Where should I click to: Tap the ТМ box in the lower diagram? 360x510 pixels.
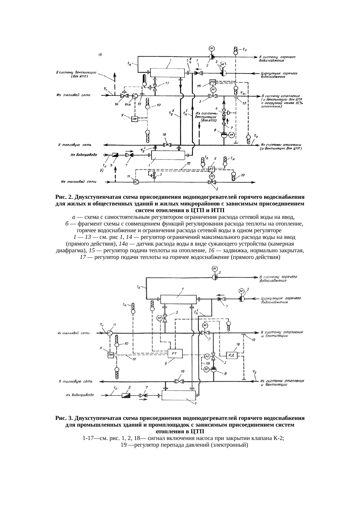[x=110, y=355]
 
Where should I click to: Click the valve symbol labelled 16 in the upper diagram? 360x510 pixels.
[x=167, y=145]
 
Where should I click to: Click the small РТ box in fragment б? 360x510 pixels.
[x=212, y=169]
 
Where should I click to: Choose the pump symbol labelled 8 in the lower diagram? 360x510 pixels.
[x=213, y=370]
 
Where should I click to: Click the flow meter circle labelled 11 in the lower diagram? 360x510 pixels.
[x=109, y=333]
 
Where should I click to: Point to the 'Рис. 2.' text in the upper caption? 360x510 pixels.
[x=64, y=197]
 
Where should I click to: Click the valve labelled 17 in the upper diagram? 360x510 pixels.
[x=155, y=87]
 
